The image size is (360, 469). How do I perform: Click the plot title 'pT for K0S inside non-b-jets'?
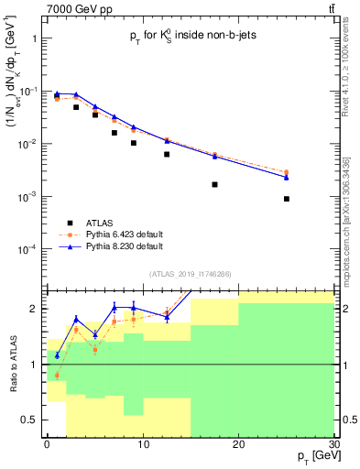(x=189, y=38)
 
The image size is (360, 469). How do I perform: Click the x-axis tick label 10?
(x=142, y=445)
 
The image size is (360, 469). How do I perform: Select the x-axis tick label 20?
(x=237, y=445)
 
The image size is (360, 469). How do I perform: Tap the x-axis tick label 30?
(x=333, y=445)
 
